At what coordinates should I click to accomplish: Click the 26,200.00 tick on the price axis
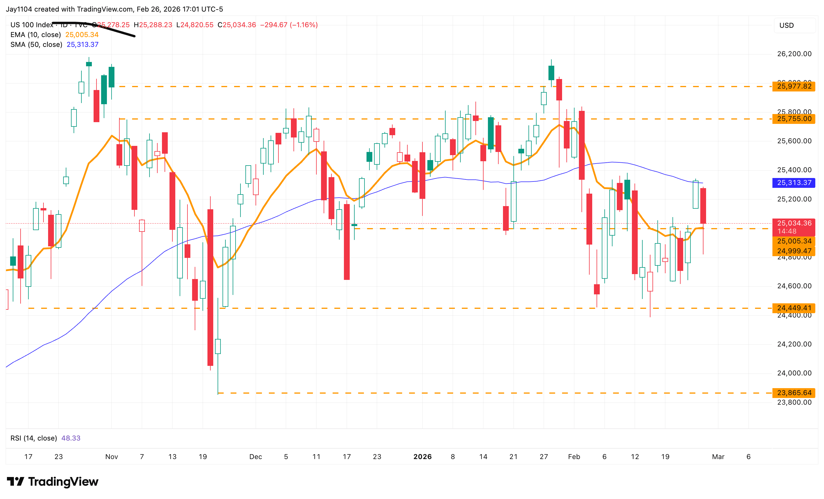tap(794, 54)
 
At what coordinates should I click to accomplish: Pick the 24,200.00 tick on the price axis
tap(794, 344)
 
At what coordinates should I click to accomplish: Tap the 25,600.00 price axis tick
tap(794, 141)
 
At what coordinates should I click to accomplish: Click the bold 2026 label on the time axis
tap(422, 456)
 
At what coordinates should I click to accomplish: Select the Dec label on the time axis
tap(256, 456)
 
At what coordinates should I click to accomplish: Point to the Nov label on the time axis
tap(111, 456)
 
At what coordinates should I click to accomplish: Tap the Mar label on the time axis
tap(718, 456)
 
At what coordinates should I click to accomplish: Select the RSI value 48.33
tap(71, 438)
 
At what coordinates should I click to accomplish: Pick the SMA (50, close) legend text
tap(37, 44)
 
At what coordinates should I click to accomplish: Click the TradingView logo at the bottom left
tap(52, 481)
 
